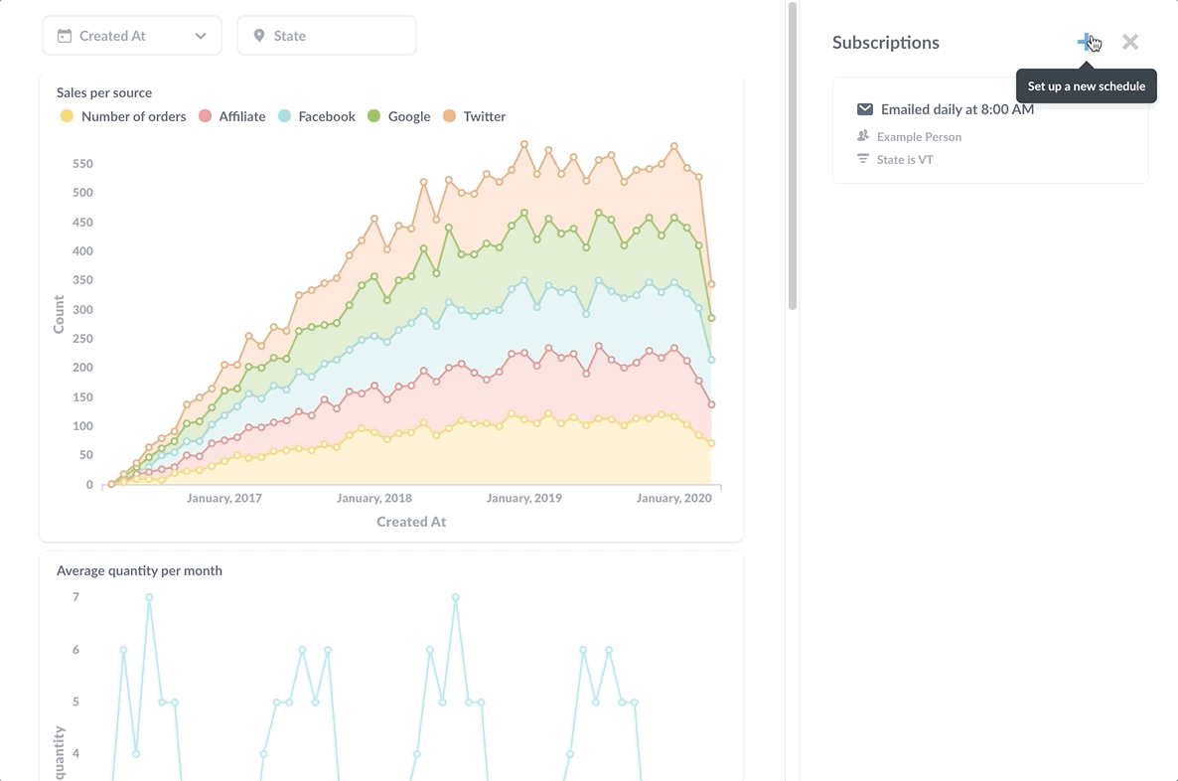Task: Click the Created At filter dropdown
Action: (131, 36)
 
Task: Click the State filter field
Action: (326, 36)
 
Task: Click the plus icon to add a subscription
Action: (1086, 42)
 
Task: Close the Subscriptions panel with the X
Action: (1130, 42)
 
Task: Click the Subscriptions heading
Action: (885, 43)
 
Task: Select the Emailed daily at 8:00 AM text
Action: (957, 109)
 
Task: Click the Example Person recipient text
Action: (919, 137)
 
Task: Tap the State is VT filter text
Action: (905, 160)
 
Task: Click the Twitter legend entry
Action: (484, 116)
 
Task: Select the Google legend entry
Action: (408, 116)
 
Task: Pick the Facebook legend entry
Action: (326, 116)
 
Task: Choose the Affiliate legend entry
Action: (241, 116)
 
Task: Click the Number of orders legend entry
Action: (133, 116)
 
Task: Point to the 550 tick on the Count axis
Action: (82, 164)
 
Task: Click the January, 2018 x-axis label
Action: (374, 498)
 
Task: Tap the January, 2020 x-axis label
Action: (673, 498)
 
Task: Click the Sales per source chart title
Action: (104, 92)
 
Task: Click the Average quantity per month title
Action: (139, 570)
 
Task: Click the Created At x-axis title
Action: (411, 522)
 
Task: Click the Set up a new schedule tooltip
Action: (1086, 86)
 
